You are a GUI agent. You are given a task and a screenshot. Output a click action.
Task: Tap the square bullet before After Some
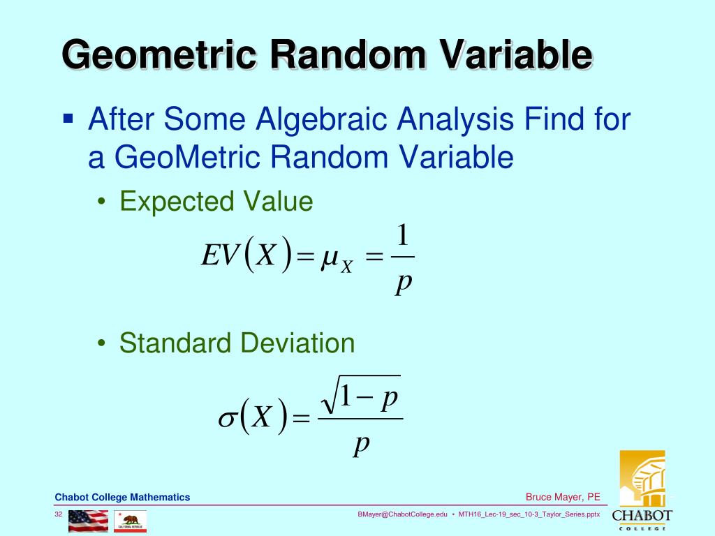point(68,118)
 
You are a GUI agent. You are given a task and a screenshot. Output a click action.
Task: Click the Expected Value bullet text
point(216,202)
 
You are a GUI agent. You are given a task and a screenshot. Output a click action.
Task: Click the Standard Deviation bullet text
point(237,343)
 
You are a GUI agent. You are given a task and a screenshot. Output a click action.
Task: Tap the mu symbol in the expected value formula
point(327,260)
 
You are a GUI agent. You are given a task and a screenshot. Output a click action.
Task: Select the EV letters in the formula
point(220,257)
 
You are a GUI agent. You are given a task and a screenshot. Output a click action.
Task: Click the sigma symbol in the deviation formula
point(228,418)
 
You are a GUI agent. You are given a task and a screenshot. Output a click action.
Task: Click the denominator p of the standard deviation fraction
point(360,443)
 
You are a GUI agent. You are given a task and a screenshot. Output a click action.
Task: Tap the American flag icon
point(88,521)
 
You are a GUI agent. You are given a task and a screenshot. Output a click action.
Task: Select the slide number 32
point(59,514)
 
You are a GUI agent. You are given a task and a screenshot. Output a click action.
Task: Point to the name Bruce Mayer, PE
point(562,498)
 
